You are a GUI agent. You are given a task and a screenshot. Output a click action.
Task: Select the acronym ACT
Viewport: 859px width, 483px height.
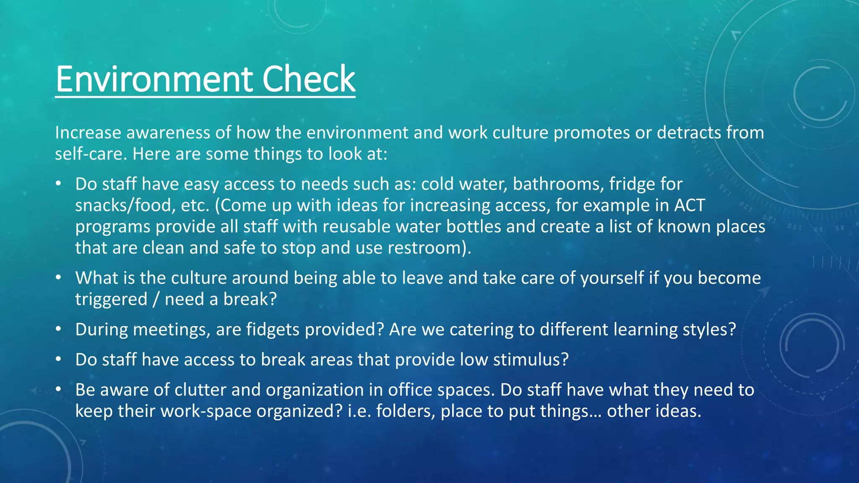pos(690,205)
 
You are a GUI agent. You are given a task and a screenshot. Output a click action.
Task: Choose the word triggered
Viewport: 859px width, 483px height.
pos(111,299)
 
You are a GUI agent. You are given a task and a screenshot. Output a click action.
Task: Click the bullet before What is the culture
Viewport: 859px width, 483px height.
pos(59,277)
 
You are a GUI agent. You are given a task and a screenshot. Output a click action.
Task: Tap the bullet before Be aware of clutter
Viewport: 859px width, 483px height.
pos(59,389)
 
